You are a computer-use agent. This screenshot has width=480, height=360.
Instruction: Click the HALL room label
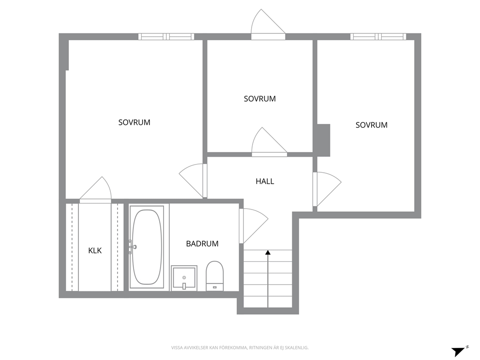(265, 181)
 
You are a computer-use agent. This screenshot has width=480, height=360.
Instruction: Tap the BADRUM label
(202, 244)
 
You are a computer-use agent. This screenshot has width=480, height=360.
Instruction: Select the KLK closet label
(95, 251)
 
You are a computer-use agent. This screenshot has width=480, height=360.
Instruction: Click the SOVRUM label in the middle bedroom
(259, 99)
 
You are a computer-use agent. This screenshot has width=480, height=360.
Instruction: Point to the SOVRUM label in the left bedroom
(135, 122)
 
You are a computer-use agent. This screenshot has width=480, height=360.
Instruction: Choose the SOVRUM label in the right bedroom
(371, 125)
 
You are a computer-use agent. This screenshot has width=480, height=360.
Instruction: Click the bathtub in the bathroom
(147, 247)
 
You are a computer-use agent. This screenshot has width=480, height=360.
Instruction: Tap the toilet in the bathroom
(214, 276)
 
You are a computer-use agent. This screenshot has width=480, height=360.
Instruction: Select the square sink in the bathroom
(184, 278)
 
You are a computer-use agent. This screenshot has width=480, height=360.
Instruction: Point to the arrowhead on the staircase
(268, 253)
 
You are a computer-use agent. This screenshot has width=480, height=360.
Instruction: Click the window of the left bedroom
(166, 37)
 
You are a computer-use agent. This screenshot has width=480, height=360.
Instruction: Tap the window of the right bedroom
(378, 37)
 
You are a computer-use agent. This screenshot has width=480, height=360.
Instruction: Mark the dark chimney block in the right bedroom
(324, 140)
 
